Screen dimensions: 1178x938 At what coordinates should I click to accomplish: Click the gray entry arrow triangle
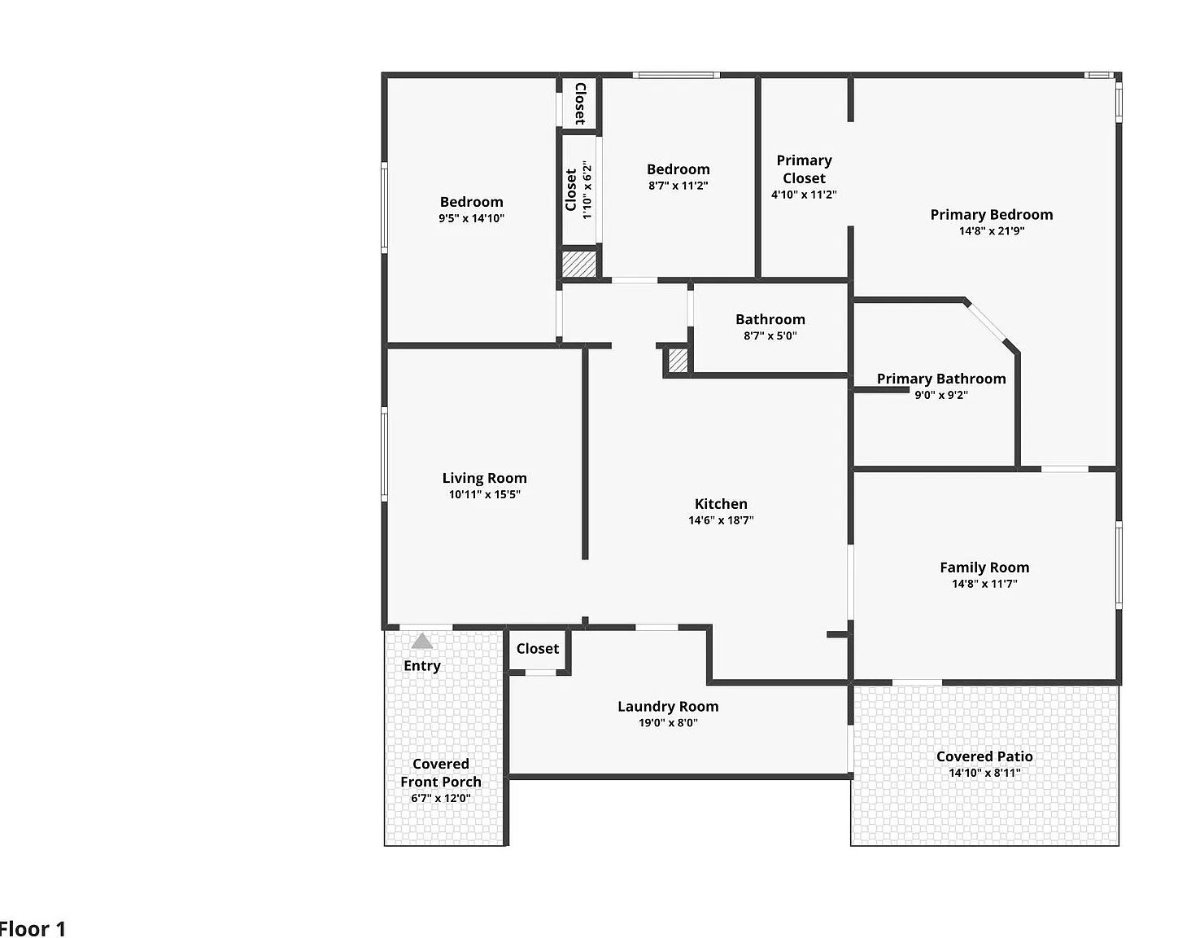point(422,641)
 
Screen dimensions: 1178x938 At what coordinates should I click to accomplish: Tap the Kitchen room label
point(721,504)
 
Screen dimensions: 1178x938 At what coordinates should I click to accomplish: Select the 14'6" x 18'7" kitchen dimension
point(721,520)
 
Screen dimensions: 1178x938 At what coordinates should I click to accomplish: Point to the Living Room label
point(484,478)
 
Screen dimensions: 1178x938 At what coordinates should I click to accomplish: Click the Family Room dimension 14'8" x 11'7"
point(984,584)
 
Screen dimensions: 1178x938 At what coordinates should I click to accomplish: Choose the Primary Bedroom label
point(992,215)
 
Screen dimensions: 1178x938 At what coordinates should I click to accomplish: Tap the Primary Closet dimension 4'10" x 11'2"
point(804,195)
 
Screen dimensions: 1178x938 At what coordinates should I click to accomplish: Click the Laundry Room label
point(668,707)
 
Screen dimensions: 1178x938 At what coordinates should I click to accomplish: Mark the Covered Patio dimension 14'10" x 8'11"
point(984,773)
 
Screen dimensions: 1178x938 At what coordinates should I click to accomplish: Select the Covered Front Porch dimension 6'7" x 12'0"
point(441,798)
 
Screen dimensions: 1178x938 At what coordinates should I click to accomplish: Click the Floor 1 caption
point(32,929)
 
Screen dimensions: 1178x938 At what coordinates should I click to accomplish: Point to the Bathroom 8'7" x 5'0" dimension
point(770,335)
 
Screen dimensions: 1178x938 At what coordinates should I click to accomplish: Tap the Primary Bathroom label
point(941,379)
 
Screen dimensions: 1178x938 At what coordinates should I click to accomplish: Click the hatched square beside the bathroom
point(678,361)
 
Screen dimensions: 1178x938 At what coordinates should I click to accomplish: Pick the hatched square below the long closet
point(579,264)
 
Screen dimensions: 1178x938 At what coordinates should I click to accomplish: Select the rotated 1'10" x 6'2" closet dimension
point(587,190)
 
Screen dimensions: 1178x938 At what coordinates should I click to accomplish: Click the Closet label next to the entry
point(538,649)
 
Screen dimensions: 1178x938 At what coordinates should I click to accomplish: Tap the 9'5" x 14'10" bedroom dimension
point(471,218)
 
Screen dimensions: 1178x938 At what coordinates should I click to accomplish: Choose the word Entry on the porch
point(422,666)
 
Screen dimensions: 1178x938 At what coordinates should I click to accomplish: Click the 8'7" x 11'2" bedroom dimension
point(678,186)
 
